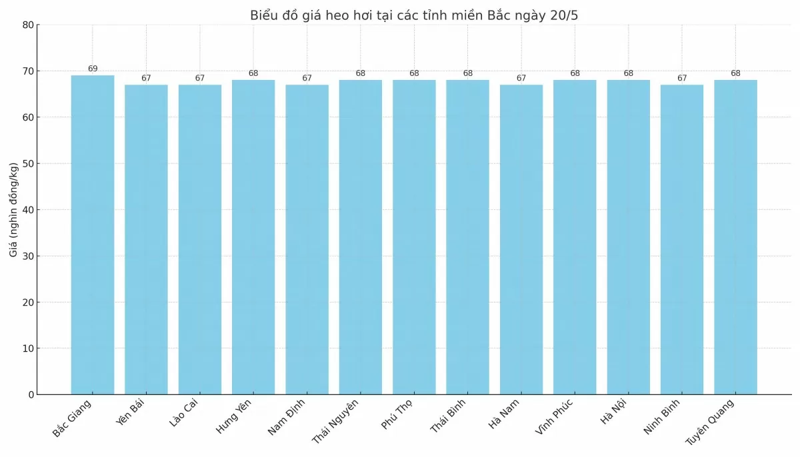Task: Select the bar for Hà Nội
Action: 628,237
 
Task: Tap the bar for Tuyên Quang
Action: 735,237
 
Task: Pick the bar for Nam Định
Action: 307,239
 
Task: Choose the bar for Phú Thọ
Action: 414,237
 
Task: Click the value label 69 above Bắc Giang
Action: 93,69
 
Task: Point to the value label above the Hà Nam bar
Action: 521,78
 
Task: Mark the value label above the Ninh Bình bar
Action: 682,78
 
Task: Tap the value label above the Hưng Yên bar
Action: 253,73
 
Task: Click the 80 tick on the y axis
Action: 28,25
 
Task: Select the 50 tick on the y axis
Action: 28,163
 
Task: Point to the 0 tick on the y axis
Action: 31,394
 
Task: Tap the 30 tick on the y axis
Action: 28,256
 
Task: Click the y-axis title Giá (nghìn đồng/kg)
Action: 13,210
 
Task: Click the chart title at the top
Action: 414,15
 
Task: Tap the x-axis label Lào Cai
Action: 184,414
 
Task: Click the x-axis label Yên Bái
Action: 130,414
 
